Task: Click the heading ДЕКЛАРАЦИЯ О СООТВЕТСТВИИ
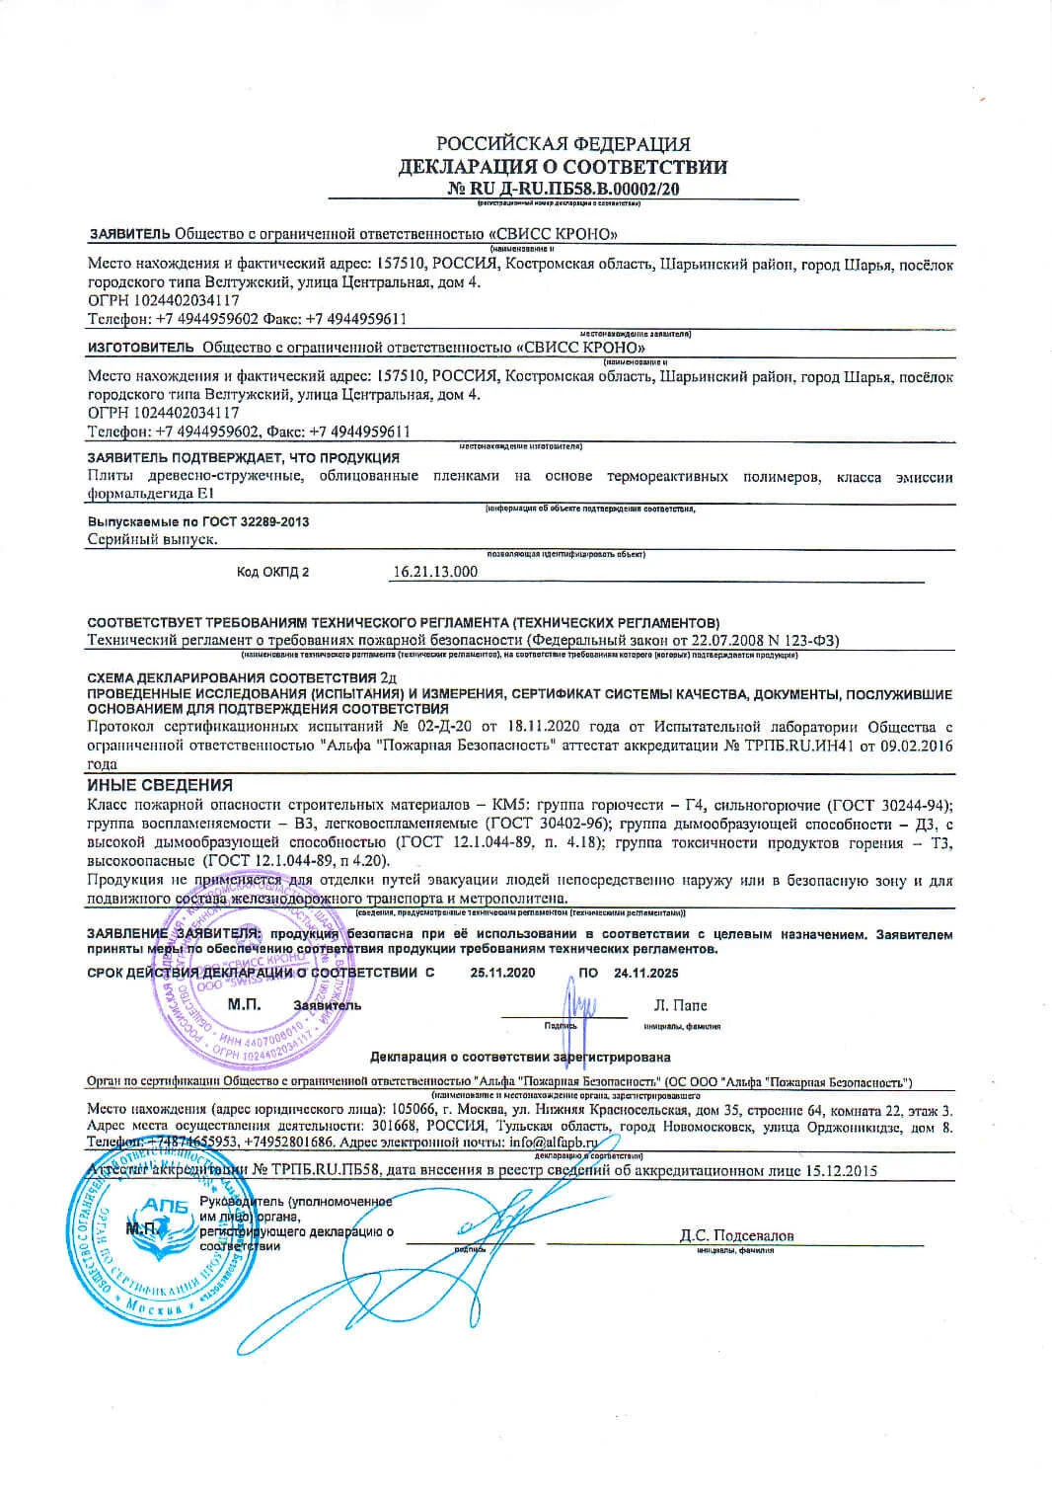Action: click(x=563, y=166)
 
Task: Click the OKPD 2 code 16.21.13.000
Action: click(x=435, y=572)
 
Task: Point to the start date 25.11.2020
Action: click(x=502, y=973)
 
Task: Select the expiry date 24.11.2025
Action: click(x=645, y=973)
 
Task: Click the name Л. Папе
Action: click(x=680, y=1005)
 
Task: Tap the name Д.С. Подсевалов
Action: click(x=736, y=1235)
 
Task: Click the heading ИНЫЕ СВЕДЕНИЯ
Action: click(x=160, y=785)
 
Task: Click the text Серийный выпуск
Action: click(x=152, y=539)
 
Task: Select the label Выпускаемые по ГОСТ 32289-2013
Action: click(x=197, y=521)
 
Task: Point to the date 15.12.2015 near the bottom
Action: click(x=841, y=1171)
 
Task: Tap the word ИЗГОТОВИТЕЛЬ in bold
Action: click(x=141, y=348)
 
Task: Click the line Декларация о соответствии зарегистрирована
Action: click(x=520, y=1057)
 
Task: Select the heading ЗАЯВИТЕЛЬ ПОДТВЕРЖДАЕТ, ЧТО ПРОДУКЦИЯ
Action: click(x=243, y=458)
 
